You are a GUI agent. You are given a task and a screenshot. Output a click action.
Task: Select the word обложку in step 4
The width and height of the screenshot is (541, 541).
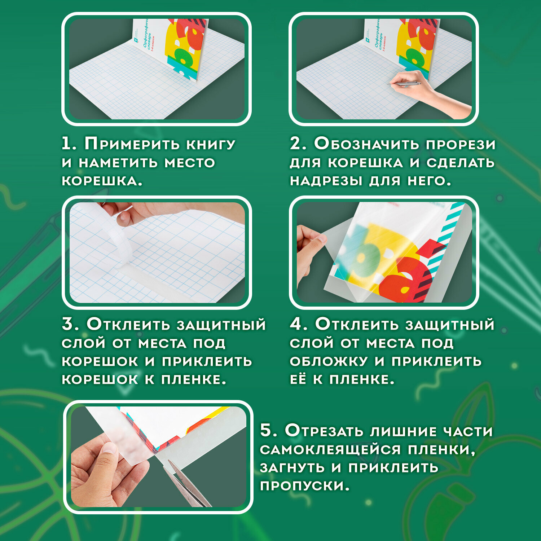click(329, 361)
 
